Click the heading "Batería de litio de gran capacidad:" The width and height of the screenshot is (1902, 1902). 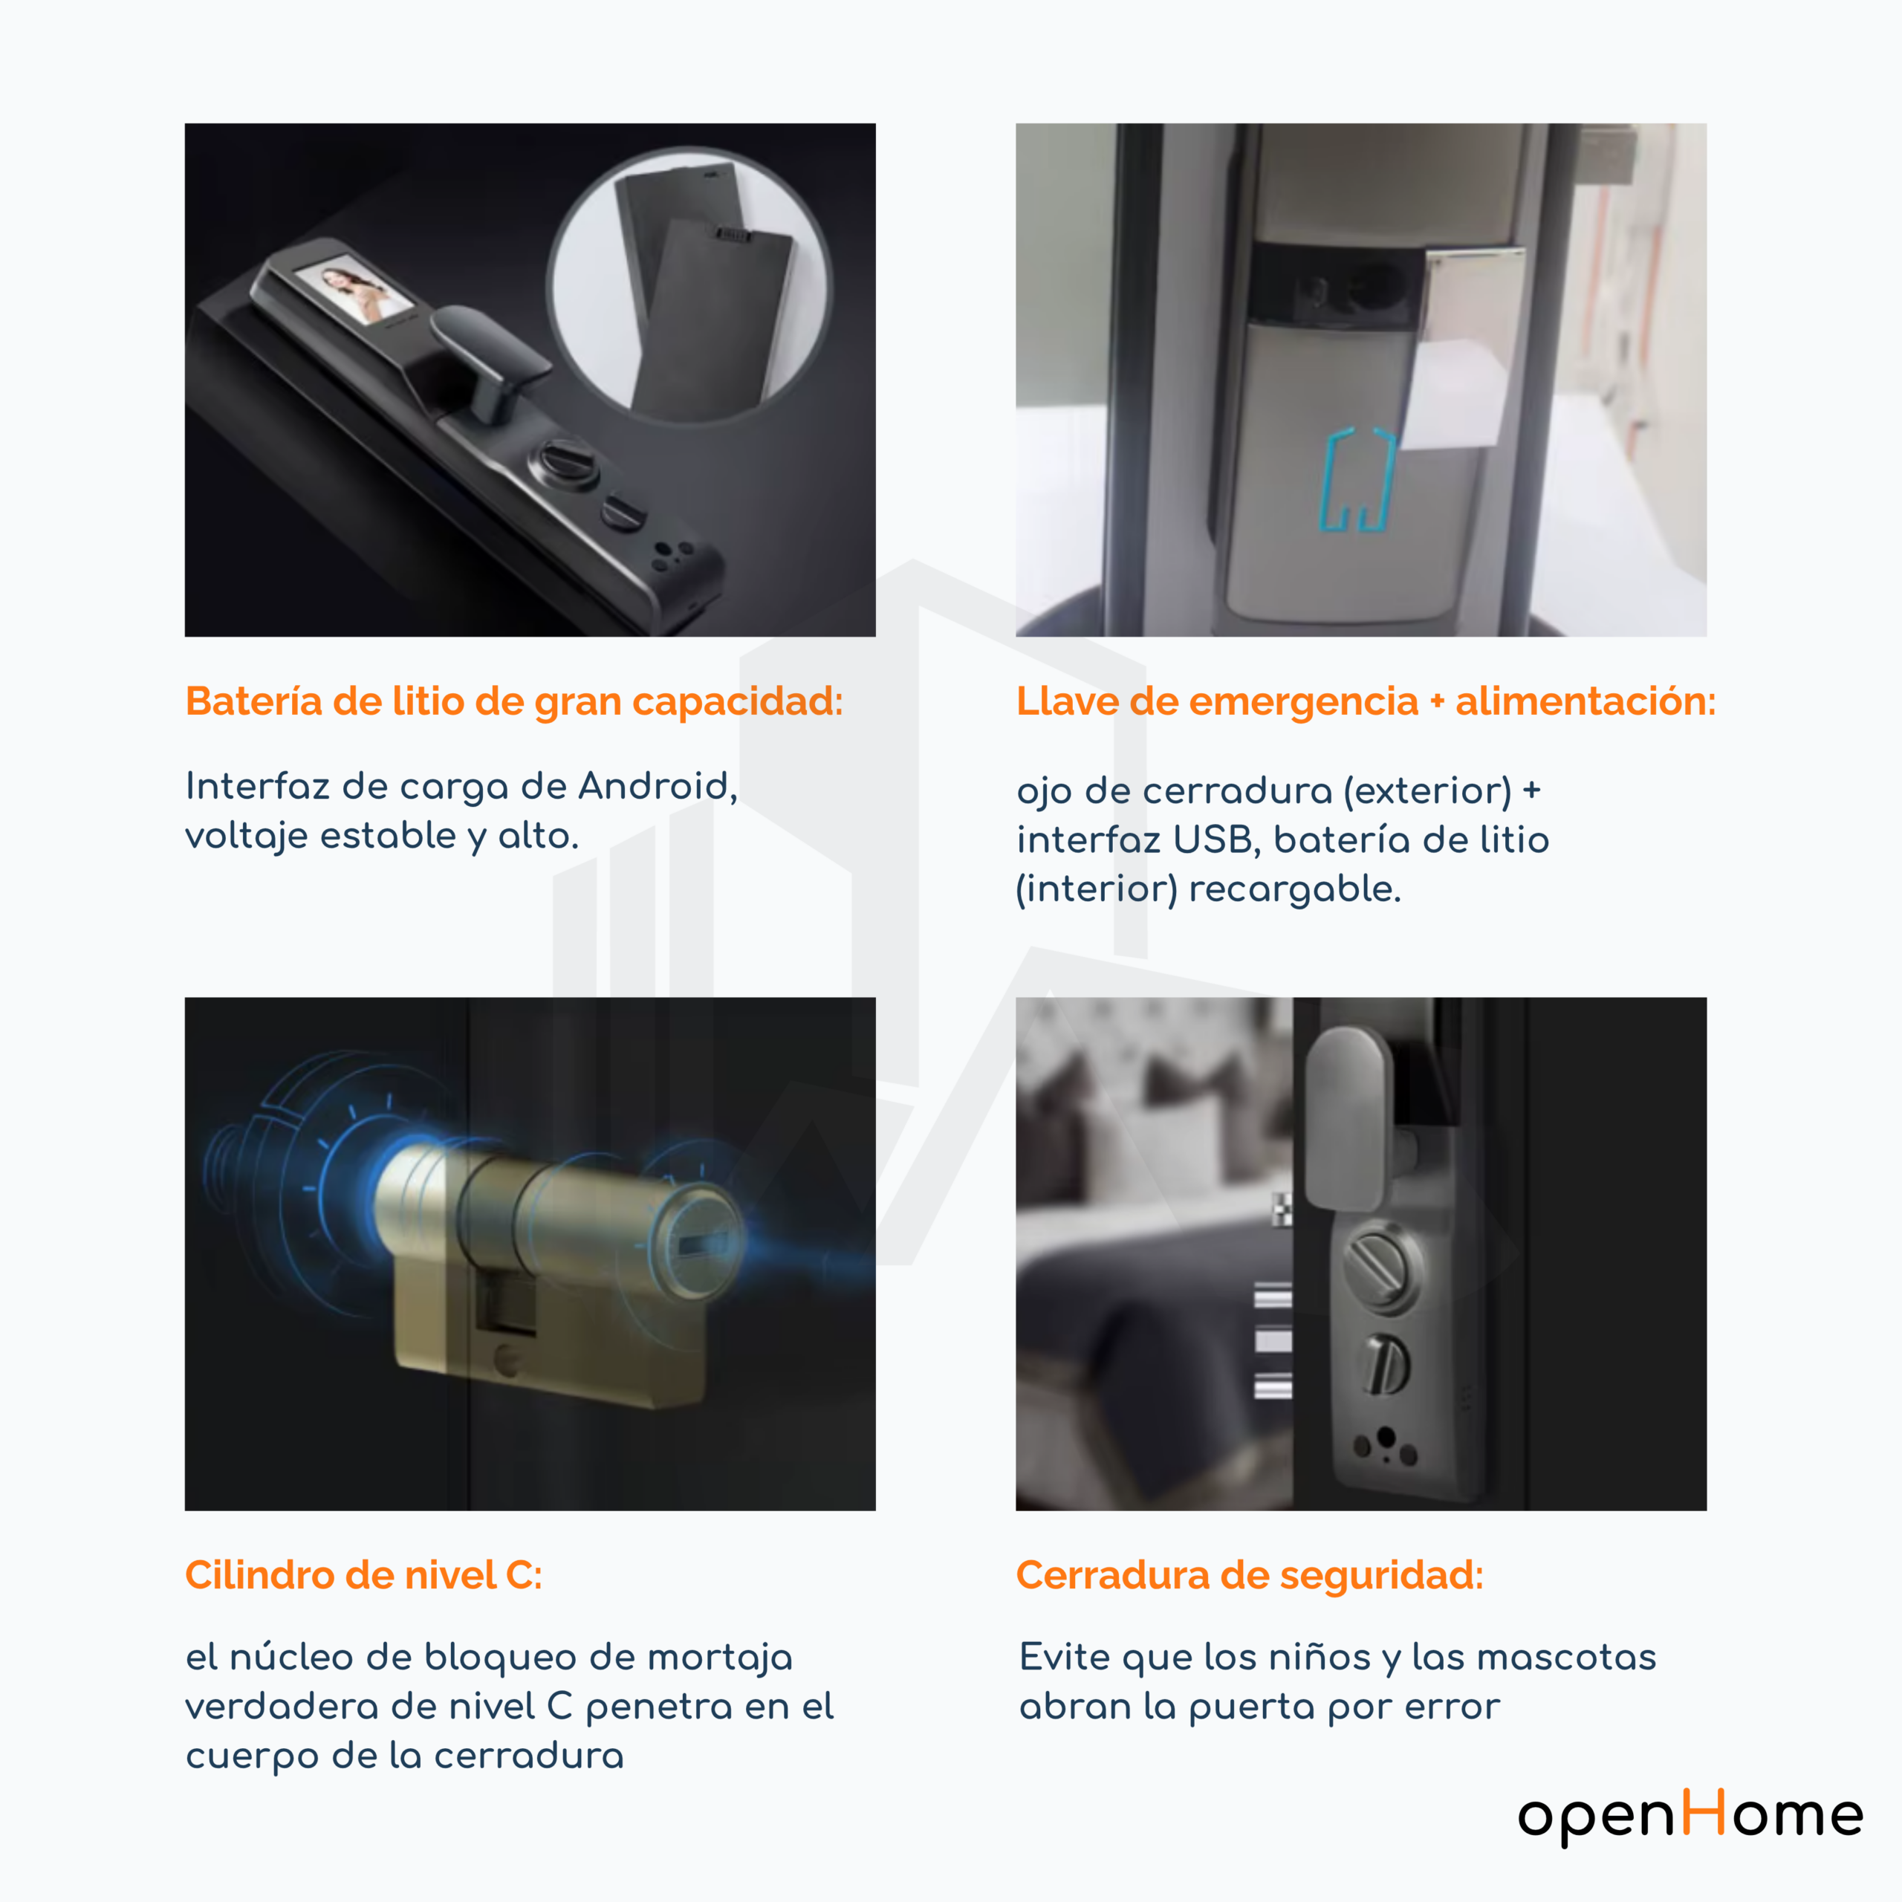(x=514, y=702)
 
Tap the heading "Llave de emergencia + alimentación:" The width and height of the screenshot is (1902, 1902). (x=1366, y=702)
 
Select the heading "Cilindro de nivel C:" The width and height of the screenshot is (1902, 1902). (x=363, y=1575)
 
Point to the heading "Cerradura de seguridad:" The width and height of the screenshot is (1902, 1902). (x=1249, y=1575)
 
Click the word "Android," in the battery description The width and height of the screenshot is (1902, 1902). (x=658, y=787)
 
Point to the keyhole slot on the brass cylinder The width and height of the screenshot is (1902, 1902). (x=699, y=1244)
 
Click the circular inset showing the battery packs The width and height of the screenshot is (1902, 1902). (x=690, y=285)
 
